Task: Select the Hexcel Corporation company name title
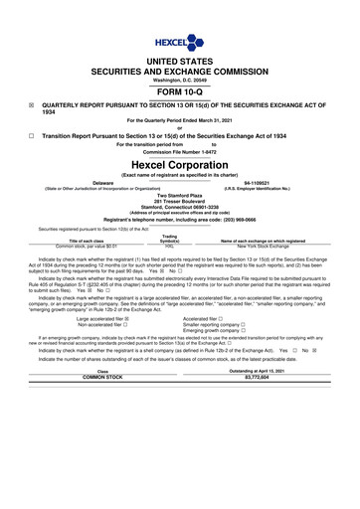coord(179,163)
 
